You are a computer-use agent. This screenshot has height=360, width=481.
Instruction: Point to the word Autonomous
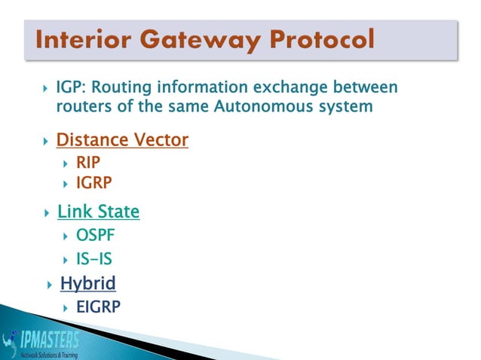257,108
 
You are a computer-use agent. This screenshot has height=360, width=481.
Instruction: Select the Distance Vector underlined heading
122,141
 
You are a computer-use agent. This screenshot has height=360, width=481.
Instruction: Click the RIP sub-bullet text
88,162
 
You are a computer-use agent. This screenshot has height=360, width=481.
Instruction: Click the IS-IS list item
94,260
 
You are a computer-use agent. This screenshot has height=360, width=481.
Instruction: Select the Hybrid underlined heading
88,284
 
